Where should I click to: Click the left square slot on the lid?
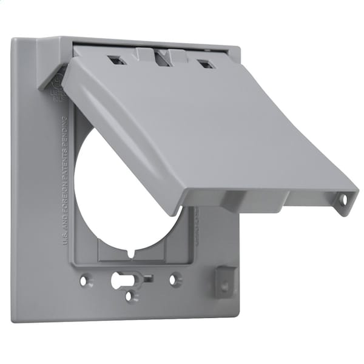114,60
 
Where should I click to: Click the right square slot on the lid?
206,64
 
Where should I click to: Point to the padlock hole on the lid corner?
343,199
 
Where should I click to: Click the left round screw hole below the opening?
86,281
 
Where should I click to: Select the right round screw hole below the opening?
175,280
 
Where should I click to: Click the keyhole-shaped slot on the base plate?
118,280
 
